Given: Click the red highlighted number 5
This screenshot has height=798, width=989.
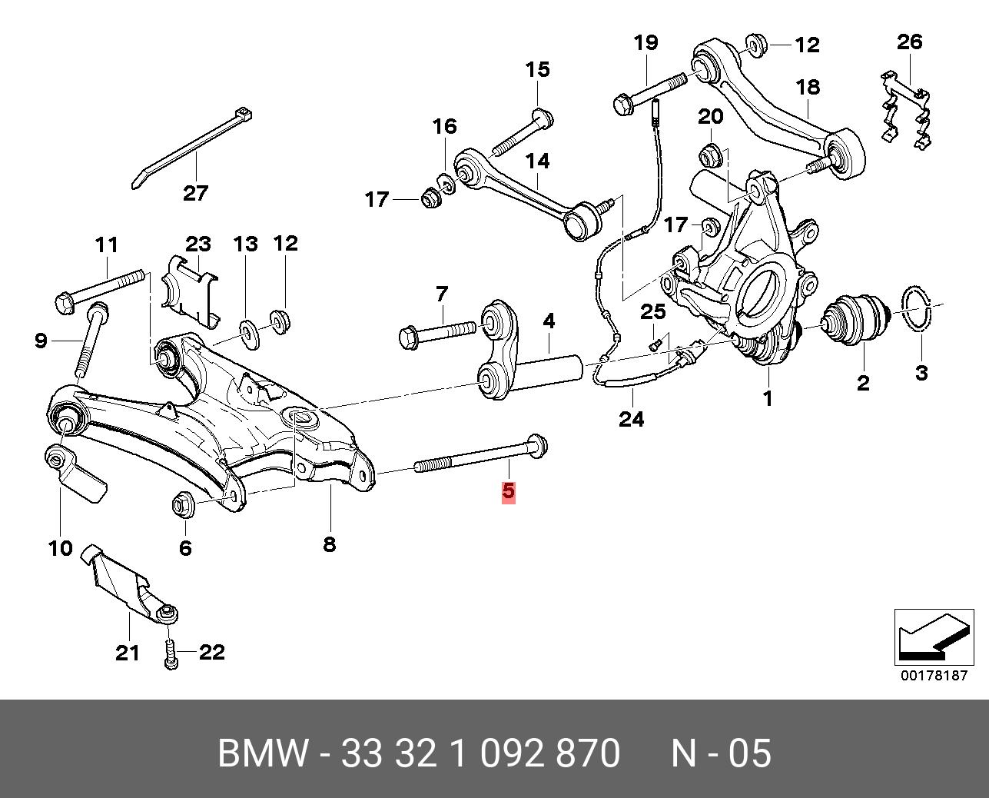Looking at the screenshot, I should (x=509, y=492).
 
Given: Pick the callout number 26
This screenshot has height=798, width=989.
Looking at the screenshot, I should (x=909, y=41).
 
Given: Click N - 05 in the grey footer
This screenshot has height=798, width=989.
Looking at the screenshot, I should (x=721, y=753).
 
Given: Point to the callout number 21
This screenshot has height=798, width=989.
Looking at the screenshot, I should (x=128, y=653).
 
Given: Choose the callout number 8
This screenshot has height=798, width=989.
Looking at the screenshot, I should (x=329, y=544).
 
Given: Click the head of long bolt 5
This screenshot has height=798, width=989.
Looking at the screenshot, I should (x=537, y=445).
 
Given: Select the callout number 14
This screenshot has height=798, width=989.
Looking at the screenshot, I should (x=537, y=161).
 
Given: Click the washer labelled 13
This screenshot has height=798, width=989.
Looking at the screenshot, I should (x=248, y=331).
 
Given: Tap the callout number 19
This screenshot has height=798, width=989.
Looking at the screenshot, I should (x=646, y=42).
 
